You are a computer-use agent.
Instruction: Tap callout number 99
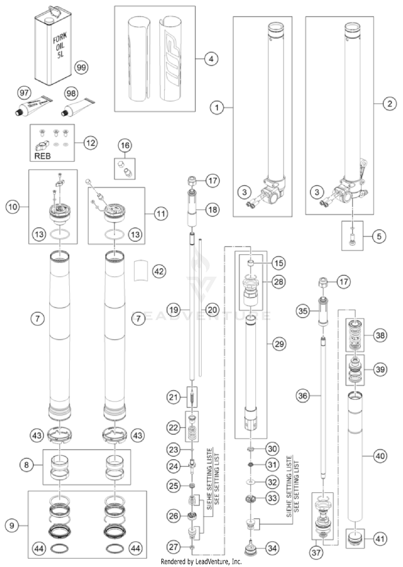[x=81, y=67]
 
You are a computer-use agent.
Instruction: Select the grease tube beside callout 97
[x=33, y=107]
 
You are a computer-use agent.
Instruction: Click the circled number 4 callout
[x=211, y=59]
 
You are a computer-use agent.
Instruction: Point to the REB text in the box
[x=42, y=156]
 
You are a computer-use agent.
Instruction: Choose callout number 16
[x=125, y=146]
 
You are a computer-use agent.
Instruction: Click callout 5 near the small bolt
[x=379, y=237]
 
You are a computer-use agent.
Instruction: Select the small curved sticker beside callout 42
[x=141, y=270]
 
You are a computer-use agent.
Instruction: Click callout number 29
[x=279, y=344]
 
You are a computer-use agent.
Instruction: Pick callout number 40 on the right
[x=380, y=456]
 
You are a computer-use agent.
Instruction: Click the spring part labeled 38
[x=355, y=335]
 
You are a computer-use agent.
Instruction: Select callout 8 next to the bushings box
[x=26, y=465]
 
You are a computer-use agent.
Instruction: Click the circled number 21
[x=173, y=397]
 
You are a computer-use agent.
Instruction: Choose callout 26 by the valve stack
[x=173, y=516]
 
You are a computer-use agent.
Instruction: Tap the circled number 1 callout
[x=217, y=108]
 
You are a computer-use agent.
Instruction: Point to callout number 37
[x=316, y=553]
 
